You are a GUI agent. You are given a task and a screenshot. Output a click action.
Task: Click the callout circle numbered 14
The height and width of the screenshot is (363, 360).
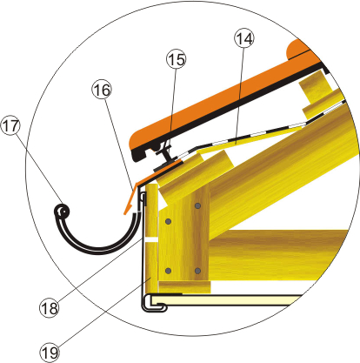[x=244, y=38]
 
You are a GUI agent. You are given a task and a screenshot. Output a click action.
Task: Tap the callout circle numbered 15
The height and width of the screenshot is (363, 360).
[x=177, y=59]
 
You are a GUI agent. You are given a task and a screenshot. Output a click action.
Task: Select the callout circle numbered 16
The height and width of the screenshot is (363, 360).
[x=102, y=90]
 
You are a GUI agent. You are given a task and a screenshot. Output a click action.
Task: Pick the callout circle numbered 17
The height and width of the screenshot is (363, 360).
[x=10, y=125]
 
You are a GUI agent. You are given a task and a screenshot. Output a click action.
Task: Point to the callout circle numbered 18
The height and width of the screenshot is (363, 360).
[x=50, y=307]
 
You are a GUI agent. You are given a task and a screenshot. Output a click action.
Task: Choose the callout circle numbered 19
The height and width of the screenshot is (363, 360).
[x=50, y=352]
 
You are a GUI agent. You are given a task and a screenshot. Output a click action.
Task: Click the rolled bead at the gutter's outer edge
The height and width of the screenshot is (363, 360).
[x=62, y=212]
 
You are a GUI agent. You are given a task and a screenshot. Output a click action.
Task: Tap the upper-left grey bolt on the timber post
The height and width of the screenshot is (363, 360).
[x=168, y=222]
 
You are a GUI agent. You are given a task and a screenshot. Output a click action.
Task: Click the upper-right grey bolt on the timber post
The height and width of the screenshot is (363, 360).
[x=197, y=206]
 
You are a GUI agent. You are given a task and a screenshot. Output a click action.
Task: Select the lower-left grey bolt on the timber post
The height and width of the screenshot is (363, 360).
[x=168, y=271]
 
